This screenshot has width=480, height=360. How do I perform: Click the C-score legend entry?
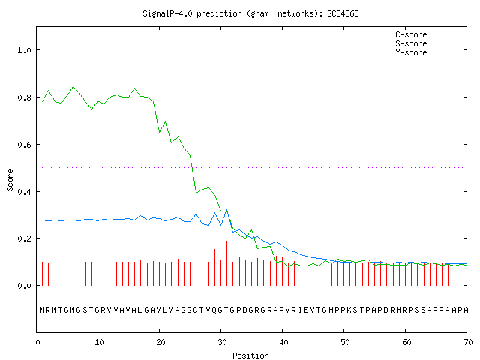427,34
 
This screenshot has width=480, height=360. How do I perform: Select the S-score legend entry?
427,43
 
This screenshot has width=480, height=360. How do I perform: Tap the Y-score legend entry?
427,52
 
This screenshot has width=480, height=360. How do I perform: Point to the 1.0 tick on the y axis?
24,50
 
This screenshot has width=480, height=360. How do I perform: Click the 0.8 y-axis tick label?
24,97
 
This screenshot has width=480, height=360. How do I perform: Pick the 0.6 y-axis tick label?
24,145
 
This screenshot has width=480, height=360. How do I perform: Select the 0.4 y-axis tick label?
24,192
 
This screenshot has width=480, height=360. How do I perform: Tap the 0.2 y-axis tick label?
24,238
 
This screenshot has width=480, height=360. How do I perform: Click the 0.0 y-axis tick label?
24,286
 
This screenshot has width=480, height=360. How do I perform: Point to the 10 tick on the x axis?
99,342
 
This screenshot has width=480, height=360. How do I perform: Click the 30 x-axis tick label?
222,342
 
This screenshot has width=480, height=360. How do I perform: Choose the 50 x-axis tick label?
345,342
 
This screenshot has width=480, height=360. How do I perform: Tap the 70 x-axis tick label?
468,342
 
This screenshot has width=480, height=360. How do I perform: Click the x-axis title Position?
250,355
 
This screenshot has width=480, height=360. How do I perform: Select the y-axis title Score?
10,180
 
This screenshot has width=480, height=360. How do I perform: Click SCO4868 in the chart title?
343,13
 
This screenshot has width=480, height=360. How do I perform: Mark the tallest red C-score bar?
226,263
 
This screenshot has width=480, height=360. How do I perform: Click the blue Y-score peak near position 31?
226,210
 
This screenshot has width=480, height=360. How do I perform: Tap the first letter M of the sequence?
42,310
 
